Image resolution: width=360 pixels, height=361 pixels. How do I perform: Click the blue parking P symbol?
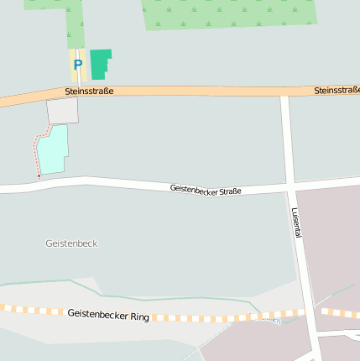point(78,64)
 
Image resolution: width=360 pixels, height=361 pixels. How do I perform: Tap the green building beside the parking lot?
point(100,64)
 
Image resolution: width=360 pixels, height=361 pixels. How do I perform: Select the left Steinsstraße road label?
point(89,91)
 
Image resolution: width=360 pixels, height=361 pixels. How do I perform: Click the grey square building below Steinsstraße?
point(62,110)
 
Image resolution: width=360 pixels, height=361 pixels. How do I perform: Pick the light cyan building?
point(53,150)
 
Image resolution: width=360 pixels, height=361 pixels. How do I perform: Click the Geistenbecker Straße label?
point(206,190)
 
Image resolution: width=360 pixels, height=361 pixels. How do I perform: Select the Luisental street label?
point(296,223)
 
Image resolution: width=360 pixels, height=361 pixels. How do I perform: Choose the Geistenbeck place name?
point(71,243)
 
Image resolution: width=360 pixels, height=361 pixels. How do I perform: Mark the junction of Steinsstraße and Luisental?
point(285,92)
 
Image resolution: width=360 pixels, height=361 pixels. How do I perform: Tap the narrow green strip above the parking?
point(76,25)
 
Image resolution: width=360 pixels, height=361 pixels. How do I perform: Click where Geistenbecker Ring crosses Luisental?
point(309,313)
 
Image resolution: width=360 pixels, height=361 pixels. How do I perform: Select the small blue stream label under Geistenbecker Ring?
point(270,320)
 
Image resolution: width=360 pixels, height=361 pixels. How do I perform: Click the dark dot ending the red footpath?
point(39,176)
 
